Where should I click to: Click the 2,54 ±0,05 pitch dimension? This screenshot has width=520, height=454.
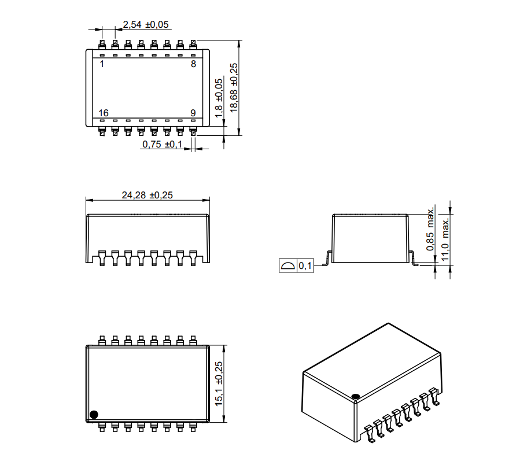(146, 24)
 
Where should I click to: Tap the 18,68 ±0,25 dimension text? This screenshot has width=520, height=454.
(234, 87)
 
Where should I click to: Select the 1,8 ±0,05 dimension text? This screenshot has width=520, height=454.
(219, 98)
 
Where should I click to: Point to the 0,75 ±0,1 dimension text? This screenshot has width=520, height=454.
(162, 144)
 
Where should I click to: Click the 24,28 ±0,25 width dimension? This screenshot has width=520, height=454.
(147, 195)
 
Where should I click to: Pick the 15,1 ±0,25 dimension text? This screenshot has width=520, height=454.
(219, 383)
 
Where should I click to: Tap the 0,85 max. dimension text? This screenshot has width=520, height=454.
(430, 229)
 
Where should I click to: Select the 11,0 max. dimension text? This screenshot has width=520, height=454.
(445, 239)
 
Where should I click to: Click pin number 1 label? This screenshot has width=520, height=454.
(102, 64)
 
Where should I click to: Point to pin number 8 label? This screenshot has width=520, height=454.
(193, 64)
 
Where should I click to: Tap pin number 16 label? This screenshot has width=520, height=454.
(104, 113)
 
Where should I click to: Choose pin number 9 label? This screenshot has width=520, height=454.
(193, 113)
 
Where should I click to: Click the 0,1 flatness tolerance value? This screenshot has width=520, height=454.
(305, 265)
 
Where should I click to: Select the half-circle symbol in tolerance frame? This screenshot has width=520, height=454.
(287, 265)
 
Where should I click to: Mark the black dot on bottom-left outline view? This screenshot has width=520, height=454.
(94, 415)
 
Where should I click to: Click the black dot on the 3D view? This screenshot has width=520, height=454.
(356, 396)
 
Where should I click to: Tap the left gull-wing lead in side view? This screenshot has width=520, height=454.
(327, 258)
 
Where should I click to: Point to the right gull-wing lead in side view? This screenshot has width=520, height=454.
(414, 258)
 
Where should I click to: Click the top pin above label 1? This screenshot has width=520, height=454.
(102, 45)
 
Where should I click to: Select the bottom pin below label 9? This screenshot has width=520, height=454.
(193, 131)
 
